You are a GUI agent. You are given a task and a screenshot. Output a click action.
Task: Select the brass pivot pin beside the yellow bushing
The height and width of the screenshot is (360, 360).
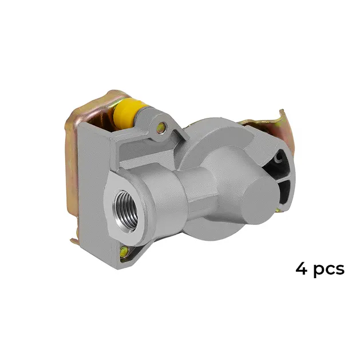(161, 127)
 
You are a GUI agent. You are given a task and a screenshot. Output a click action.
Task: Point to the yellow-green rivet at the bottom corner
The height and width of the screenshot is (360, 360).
(124, 251)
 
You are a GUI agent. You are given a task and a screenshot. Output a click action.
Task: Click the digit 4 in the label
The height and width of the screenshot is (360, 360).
(301, 268)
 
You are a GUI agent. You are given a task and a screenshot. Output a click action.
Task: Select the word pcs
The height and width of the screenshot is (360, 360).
(329, 270)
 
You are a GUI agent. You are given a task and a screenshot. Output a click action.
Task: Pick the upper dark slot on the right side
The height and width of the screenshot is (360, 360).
(276, 164)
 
